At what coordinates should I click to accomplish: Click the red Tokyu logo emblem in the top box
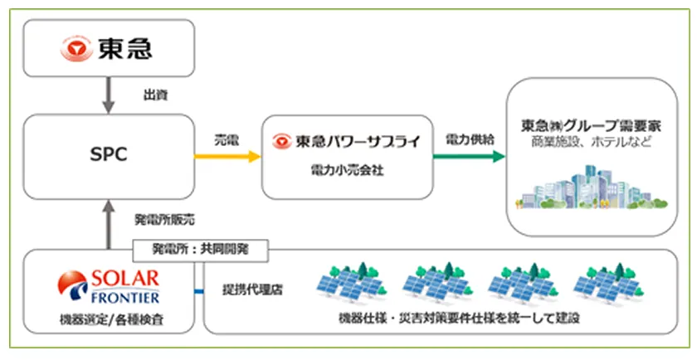tap(76, 48)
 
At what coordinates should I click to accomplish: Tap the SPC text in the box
tap(109, 154)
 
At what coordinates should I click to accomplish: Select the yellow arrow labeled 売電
tap(227, 157)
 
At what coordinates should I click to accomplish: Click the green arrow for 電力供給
tap(469, 157)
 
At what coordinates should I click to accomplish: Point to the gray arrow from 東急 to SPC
tap(109, 95)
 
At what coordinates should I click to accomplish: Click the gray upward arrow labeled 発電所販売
tap(109, 224)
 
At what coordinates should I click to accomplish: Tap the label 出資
tap(156, 95)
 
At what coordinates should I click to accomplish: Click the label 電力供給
tap(470, 139)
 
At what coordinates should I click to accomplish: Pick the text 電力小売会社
tap(347, 171)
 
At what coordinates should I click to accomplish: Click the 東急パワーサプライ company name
tap(358, 141)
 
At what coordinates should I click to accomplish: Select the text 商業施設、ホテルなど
tap(591, 142)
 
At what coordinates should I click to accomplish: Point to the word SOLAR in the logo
tap(125, 279)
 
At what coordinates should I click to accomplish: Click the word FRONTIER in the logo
tap(125, 297)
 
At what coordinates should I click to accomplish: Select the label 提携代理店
tap(252, 290)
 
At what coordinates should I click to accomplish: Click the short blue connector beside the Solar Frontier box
tap(199, 291)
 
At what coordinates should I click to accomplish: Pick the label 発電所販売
tap(164, 220)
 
